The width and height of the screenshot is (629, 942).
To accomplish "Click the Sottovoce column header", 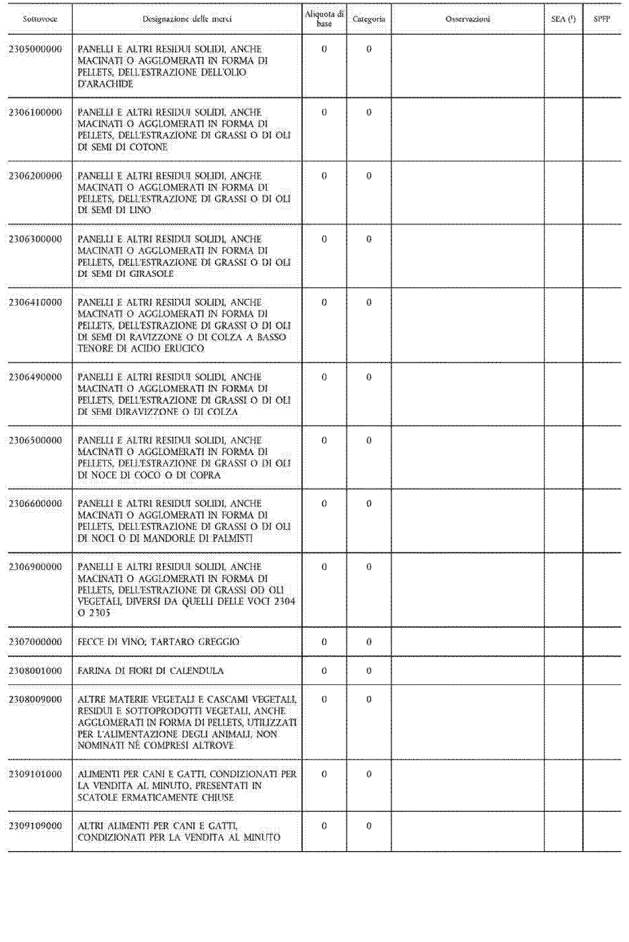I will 40,19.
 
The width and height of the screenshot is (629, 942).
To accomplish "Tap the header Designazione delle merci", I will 187,19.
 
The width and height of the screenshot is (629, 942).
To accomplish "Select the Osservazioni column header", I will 468,19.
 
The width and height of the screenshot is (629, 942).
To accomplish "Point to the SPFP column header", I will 602,19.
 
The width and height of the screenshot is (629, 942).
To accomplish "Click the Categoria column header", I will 369,19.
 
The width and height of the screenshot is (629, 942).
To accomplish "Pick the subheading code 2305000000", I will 35,49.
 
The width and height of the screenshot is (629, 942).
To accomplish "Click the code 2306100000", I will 35,112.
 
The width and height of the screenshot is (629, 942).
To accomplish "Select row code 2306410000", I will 35,302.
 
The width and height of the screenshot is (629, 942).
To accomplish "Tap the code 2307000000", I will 35,642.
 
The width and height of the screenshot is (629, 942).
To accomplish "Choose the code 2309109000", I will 35,826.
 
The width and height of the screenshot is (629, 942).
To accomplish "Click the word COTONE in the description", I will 148,147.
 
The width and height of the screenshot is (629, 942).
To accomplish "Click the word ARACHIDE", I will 105,84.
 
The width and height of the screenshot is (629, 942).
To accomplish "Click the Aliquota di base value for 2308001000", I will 324,671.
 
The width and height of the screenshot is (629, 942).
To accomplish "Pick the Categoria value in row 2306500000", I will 369,441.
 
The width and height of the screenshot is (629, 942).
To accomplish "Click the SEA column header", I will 563,19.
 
